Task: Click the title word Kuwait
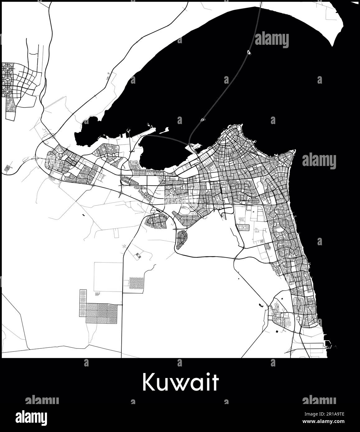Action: [180, 382]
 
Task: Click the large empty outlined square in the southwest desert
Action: [108, 277]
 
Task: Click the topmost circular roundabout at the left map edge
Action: [7, 67]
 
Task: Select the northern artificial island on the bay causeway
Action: [249, 53]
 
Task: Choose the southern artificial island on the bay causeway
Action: [203, 119]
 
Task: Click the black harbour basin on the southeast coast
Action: [328, 344]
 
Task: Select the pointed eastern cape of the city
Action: [294, 151]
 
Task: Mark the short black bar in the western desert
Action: [83, 215]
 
